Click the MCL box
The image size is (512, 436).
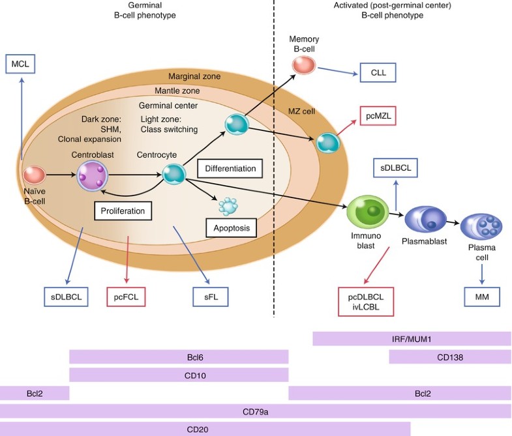[x=22, y=64]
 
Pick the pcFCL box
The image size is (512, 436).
[x=126, y=297]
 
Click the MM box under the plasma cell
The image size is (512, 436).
[x=481, y=297]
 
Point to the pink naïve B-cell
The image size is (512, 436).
[x=34, y=175]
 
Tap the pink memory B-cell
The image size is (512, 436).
[x=303, y=65]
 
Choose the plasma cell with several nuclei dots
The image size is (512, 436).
[x=481, y=227]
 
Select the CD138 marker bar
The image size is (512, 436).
[x=450, y=356]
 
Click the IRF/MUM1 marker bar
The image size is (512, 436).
[x=412, y=339]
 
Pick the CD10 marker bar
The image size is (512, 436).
[x=178, y=375]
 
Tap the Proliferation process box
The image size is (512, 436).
[x=123, y=211]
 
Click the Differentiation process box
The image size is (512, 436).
[x=230, y=168]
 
